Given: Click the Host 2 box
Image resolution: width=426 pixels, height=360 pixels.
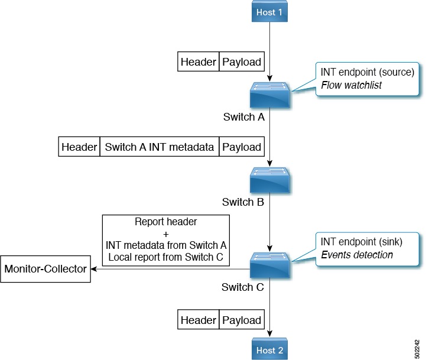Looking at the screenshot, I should [270, 349].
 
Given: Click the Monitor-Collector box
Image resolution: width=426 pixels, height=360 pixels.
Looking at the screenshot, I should [45, 269].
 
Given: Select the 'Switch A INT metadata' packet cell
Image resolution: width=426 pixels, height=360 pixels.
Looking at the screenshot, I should [159, 147].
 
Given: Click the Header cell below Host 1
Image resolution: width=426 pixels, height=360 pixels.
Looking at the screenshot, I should [199, 61].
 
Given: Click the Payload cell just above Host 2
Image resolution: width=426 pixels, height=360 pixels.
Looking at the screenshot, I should [242, 320].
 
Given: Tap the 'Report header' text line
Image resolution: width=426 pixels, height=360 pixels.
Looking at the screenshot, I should [165, 223].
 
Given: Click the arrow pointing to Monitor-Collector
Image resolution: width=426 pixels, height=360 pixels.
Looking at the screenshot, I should [95, 269].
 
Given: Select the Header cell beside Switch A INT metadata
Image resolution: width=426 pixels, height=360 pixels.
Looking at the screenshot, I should [79, 147].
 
